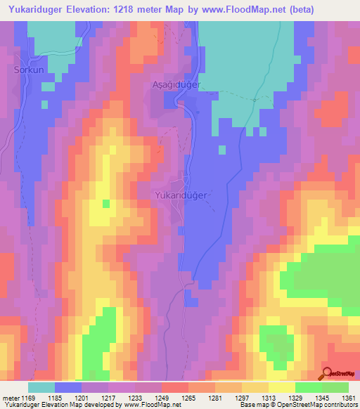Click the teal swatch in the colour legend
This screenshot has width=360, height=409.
tap(41, 387)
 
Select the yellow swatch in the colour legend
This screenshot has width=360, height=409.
tap(281, 387)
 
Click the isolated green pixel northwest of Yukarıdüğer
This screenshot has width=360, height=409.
tap(106, 204)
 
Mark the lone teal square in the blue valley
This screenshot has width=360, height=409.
tap(222, 149)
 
